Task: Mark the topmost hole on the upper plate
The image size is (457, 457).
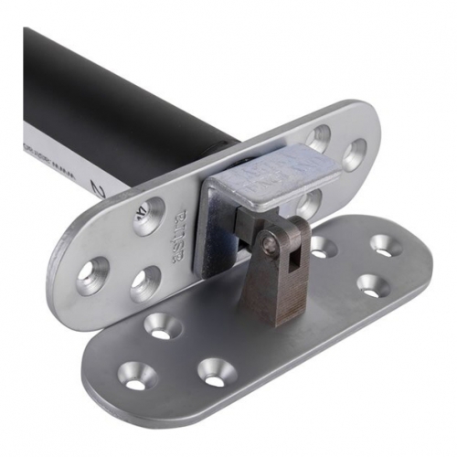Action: tap(319, 137)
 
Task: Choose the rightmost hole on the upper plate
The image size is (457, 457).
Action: tap(354, 154)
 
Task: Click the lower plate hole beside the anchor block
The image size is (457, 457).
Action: tap(322, 246)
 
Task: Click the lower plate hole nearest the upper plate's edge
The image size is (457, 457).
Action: tap(161, 325)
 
